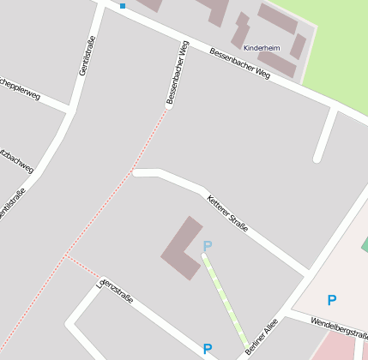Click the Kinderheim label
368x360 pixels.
pyautogui.click(x=262, y=48)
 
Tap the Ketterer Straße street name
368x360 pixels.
pyautogui.click(x=228, y=213)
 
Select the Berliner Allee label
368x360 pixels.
pyautogui.click(x=262, y=337)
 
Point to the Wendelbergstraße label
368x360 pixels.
pyautogui.click(x=340, y=330)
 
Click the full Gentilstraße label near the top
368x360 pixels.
pyautogui.click(x=87, y=55)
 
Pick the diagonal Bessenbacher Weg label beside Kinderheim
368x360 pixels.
pyautogui.click(x=239, y=64)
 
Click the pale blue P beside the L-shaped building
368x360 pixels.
pyautogui.click(x=207, y=247)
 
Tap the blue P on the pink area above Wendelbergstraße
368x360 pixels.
pyautogui.click(x=331, y=300)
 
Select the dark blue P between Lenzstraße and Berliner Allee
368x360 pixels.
pyautogui.click(x=207, y=349)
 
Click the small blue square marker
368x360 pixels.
pyautogui.click(x=123, y=6)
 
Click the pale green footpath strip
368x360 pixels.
pyautogui.click(x=226, y=300)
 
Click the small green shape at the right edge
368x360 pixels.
pyautogui.click(x=364, y=245)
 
